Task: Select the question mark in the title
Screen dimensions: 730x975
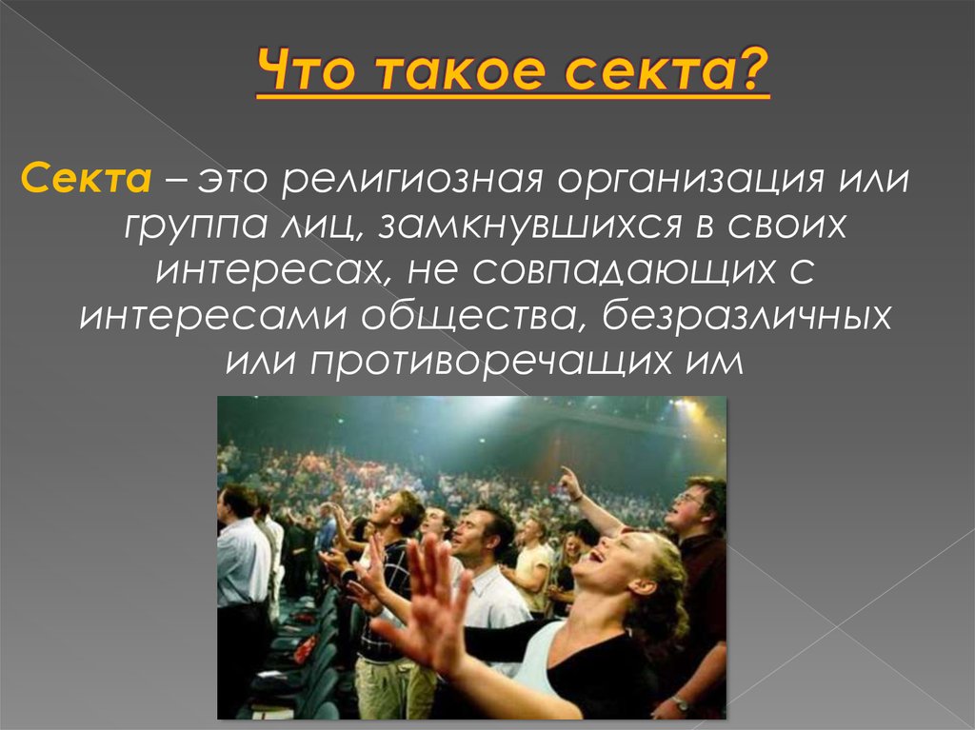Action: [753, 72]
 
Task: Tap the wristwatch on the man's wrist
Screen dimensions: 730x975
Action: [680, 703]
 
